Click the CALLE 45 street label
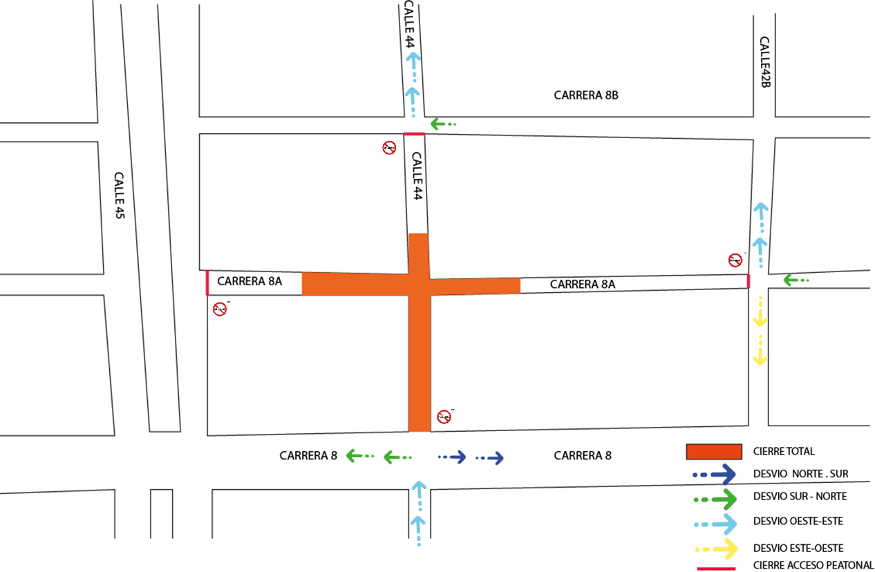click(118, 196)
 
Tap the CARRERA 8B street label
click(585, 96)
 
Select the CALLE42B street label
click(764, 62)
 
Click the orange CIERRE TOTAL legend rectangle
click(714, 452)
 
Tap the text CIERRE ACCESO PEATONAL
click(813, 565)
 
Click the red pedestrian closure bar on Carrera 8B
click(414, 134)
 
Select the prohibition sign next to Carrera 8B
click(389, 147)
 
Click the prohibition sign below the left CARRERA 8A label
click(220, 309)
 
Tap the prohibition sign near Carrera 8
click(444, 416)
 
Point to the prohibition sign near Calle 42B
click(736, 260)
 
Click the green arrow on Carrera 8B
click(443, 124)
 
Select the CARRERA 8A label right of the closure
click(582, 284)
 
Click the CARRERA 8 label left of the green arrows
click(308, 456)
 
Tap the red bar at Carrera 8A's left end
click(207, 283)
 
